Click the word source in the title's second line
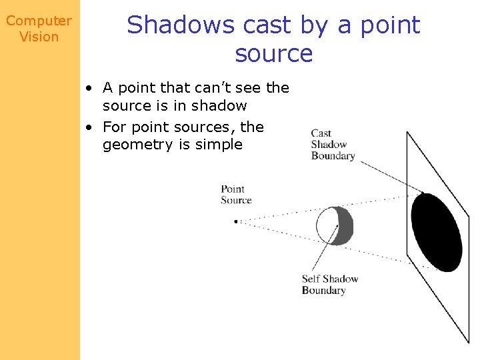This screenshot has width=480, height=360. coord(273,53)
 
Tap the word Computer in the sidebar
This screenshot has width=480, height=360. coord(39,21)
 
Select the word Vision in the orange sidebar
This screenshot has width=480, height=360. coord(39,37)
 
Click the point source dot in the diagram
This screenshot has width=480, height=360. coord(236,221)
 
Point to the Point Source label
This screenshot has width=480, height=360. coord(236,195)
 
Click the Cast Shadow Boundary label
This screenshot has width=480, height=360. coord(333,145)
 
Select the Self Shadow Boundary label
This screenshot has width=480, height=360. coord(329,285)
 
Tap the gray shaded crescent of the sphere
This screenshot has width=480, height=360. coord(345,226)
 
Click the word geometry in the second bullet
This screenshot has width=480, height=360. coord(138,145)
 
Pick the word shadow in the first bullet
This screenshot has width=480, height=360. coord(219,106)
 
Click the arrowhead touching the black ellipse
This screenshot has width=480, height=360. coord(421,193)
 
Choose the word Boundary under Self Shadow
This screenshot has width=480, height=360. coord(323,290)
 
